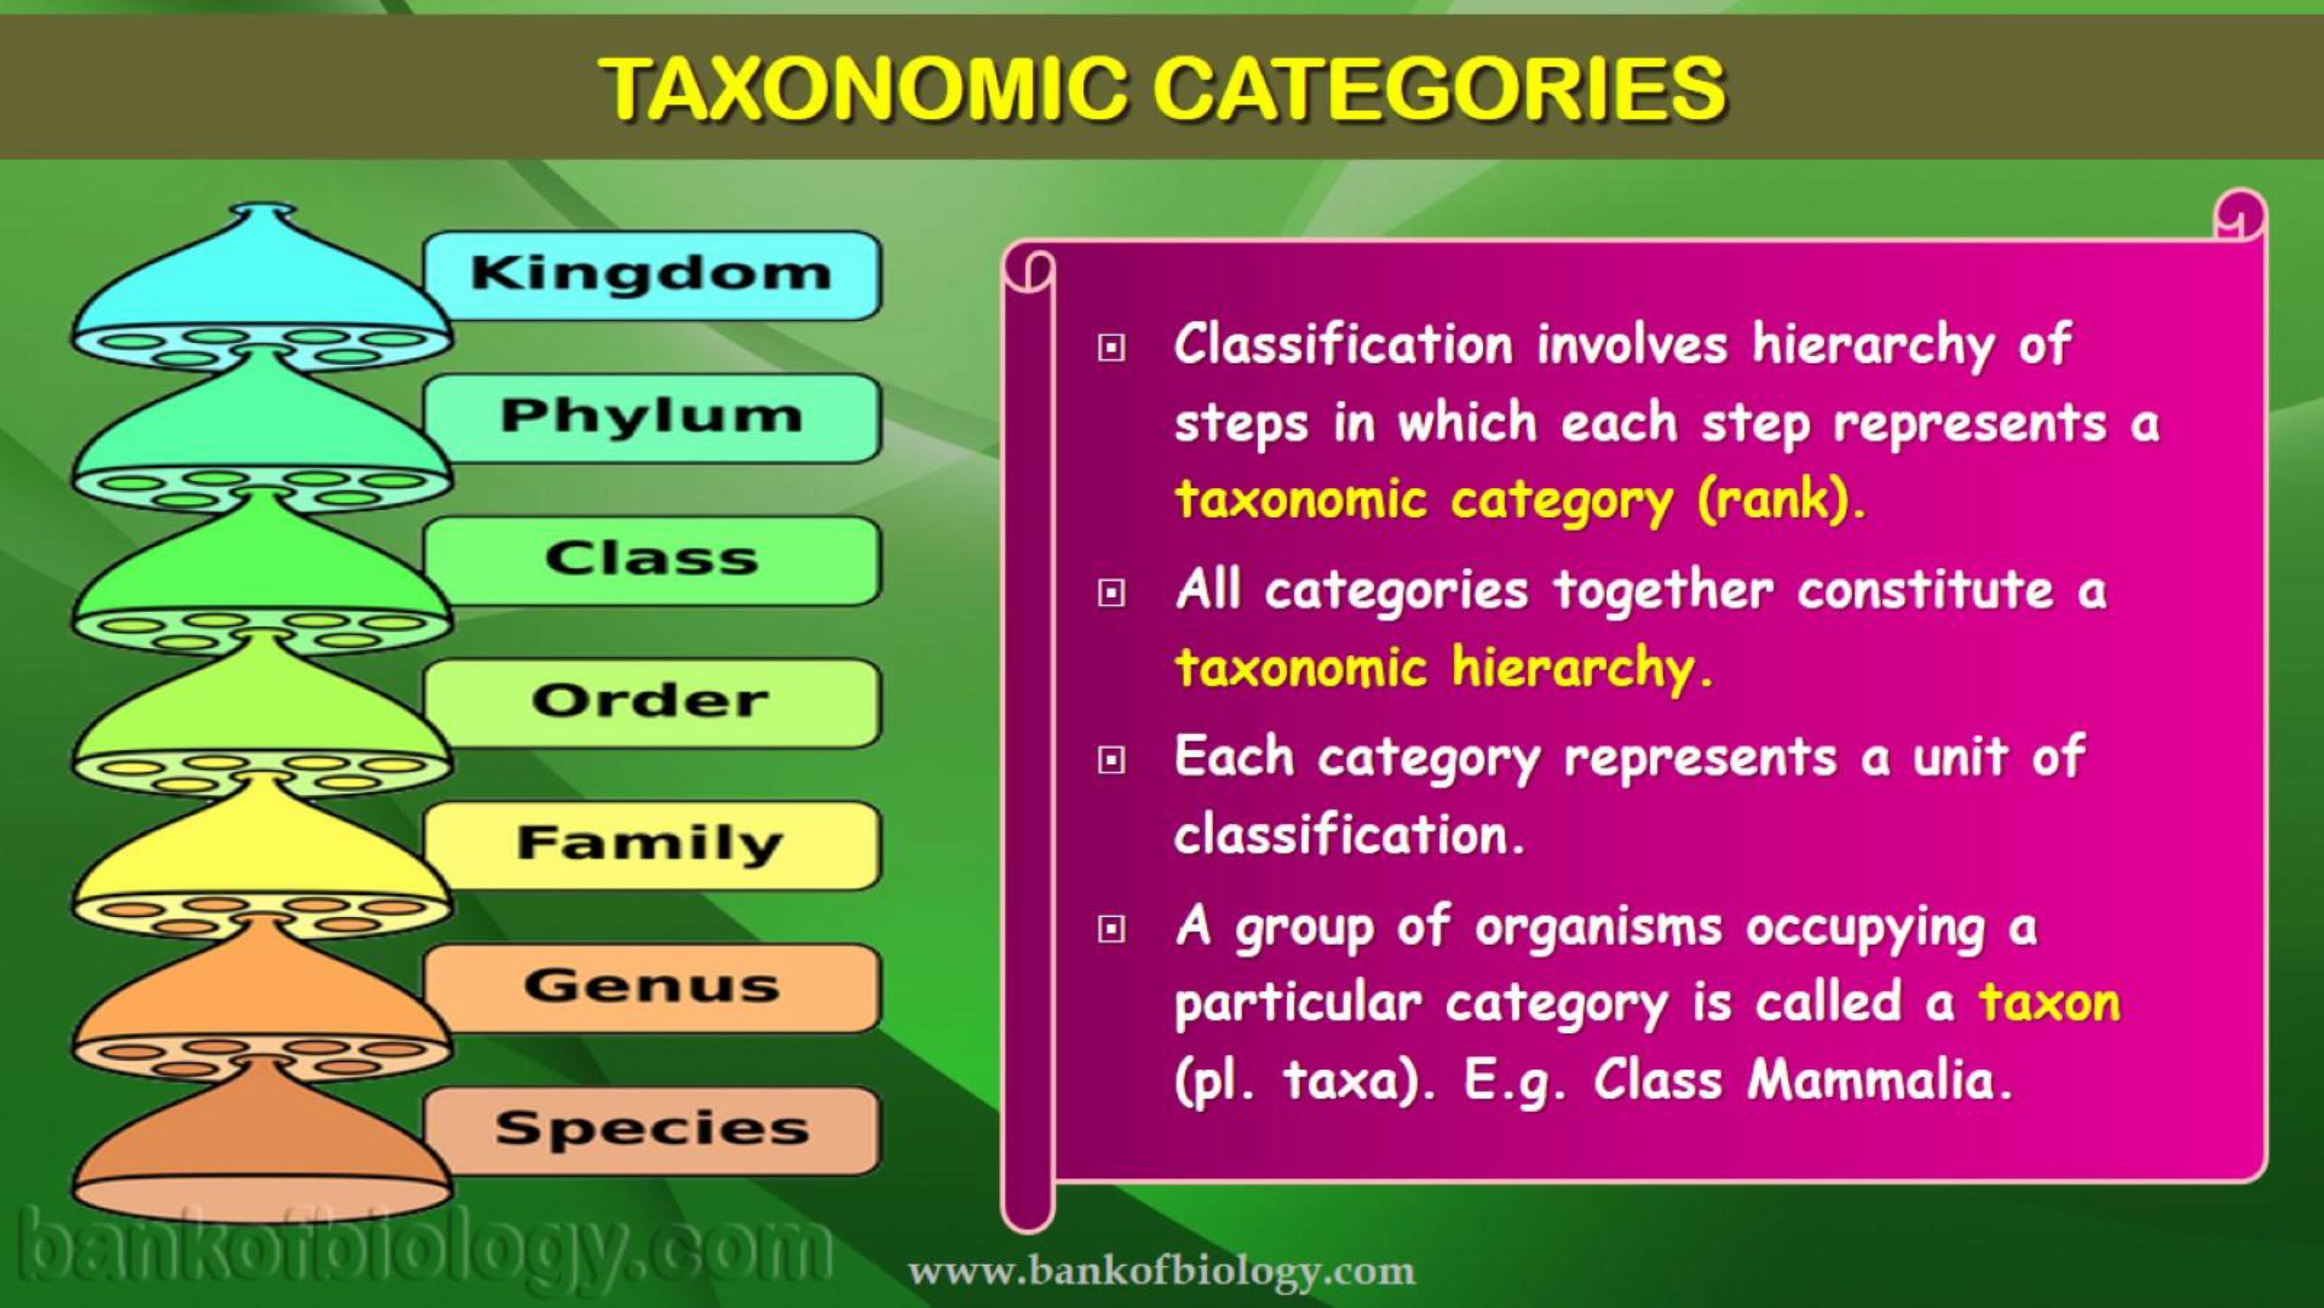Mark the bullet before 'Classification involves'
click(x=1111, y=348)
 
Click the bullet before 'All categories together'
click(x=1111, y=593)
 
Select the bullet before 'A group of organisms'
click(x=1111, y=929)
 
